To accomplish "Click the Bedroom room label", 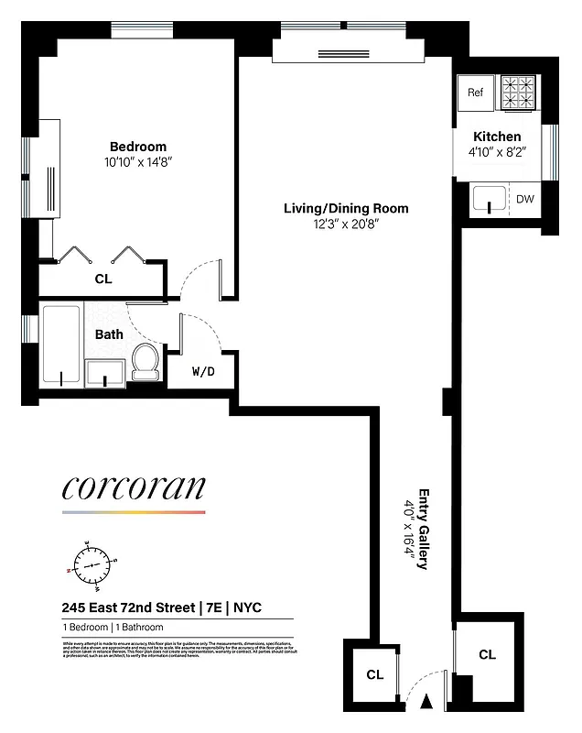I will pos(138,147).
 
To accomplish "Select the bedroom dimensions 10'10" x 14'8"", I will pos(138,162).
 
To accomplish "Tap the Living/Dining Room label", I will pos(345,208).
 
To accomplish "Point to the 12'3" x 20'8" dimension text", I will pos(345,224).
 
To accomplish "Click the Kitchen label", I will pos(498,137).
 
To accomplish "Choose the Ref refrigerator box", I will pos(475,93).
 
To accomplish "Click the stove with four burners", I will pos(518,92).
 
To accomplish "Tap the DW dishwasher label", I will pos(524,199).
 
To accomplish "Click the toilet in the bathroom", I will pos(145,362).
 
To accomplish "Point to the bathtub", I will pos(61,345).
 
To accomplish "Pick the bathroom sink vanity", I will pos(106,373).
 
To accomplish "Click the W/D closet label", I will pos(203,372).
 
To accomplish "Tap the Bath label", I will pos(109,334).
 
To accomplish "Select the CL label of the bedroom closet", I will pos(103,279).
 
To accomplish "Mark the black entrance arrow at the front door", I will pos(425,703).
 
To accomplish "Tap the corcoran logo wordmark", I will pos(134,487).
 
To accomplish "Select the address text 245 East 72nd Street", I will pos(128,607).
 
